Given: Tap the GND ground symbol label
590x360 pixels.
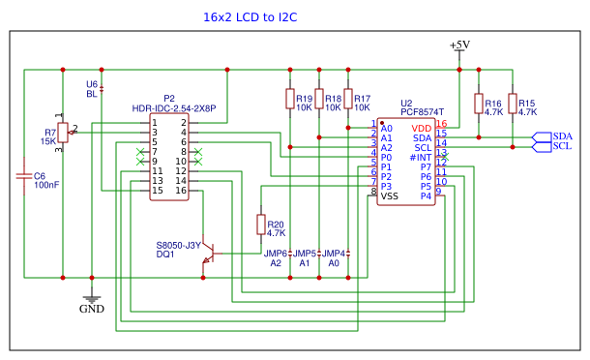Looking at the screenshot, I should (92, 309).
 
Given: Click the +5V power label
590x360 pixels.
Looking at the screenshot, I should (459, 45).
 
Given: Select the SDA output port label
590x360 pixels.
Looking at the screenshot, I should (562, 136).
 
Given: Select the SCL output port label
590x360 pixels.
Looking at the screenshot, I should (562, 147).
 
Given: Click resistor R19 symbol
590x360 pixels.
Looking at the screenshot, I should (289, 99).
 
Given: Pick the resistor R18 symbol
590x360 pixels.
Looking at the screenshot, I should (318, 99).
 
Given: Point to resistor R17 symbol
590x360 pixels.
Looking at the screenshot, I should (347, 99).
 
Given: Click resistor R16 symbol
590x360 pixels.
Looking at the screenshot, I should (478, 104).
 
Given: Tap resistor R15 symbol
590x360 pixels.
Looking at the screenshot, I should (513, 104).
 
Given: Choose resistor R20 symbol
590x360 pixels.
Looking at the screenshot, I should (260, 225).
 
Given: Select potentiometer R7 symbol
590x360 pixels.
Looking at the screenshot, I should (63, 133).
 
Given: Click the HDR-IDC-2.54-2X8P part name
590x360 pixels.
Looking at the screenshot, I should (174, 108).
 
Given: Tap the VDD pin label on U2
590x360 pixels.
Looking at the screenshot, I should (421, 128).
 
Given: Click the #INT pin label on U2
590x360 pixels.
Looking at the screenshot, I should (420, 157).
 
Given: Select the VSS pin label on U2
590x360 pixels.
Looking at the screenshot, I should (389, 195).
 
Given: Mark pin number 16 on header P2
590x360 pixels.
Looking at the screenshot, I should (181, 191).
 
